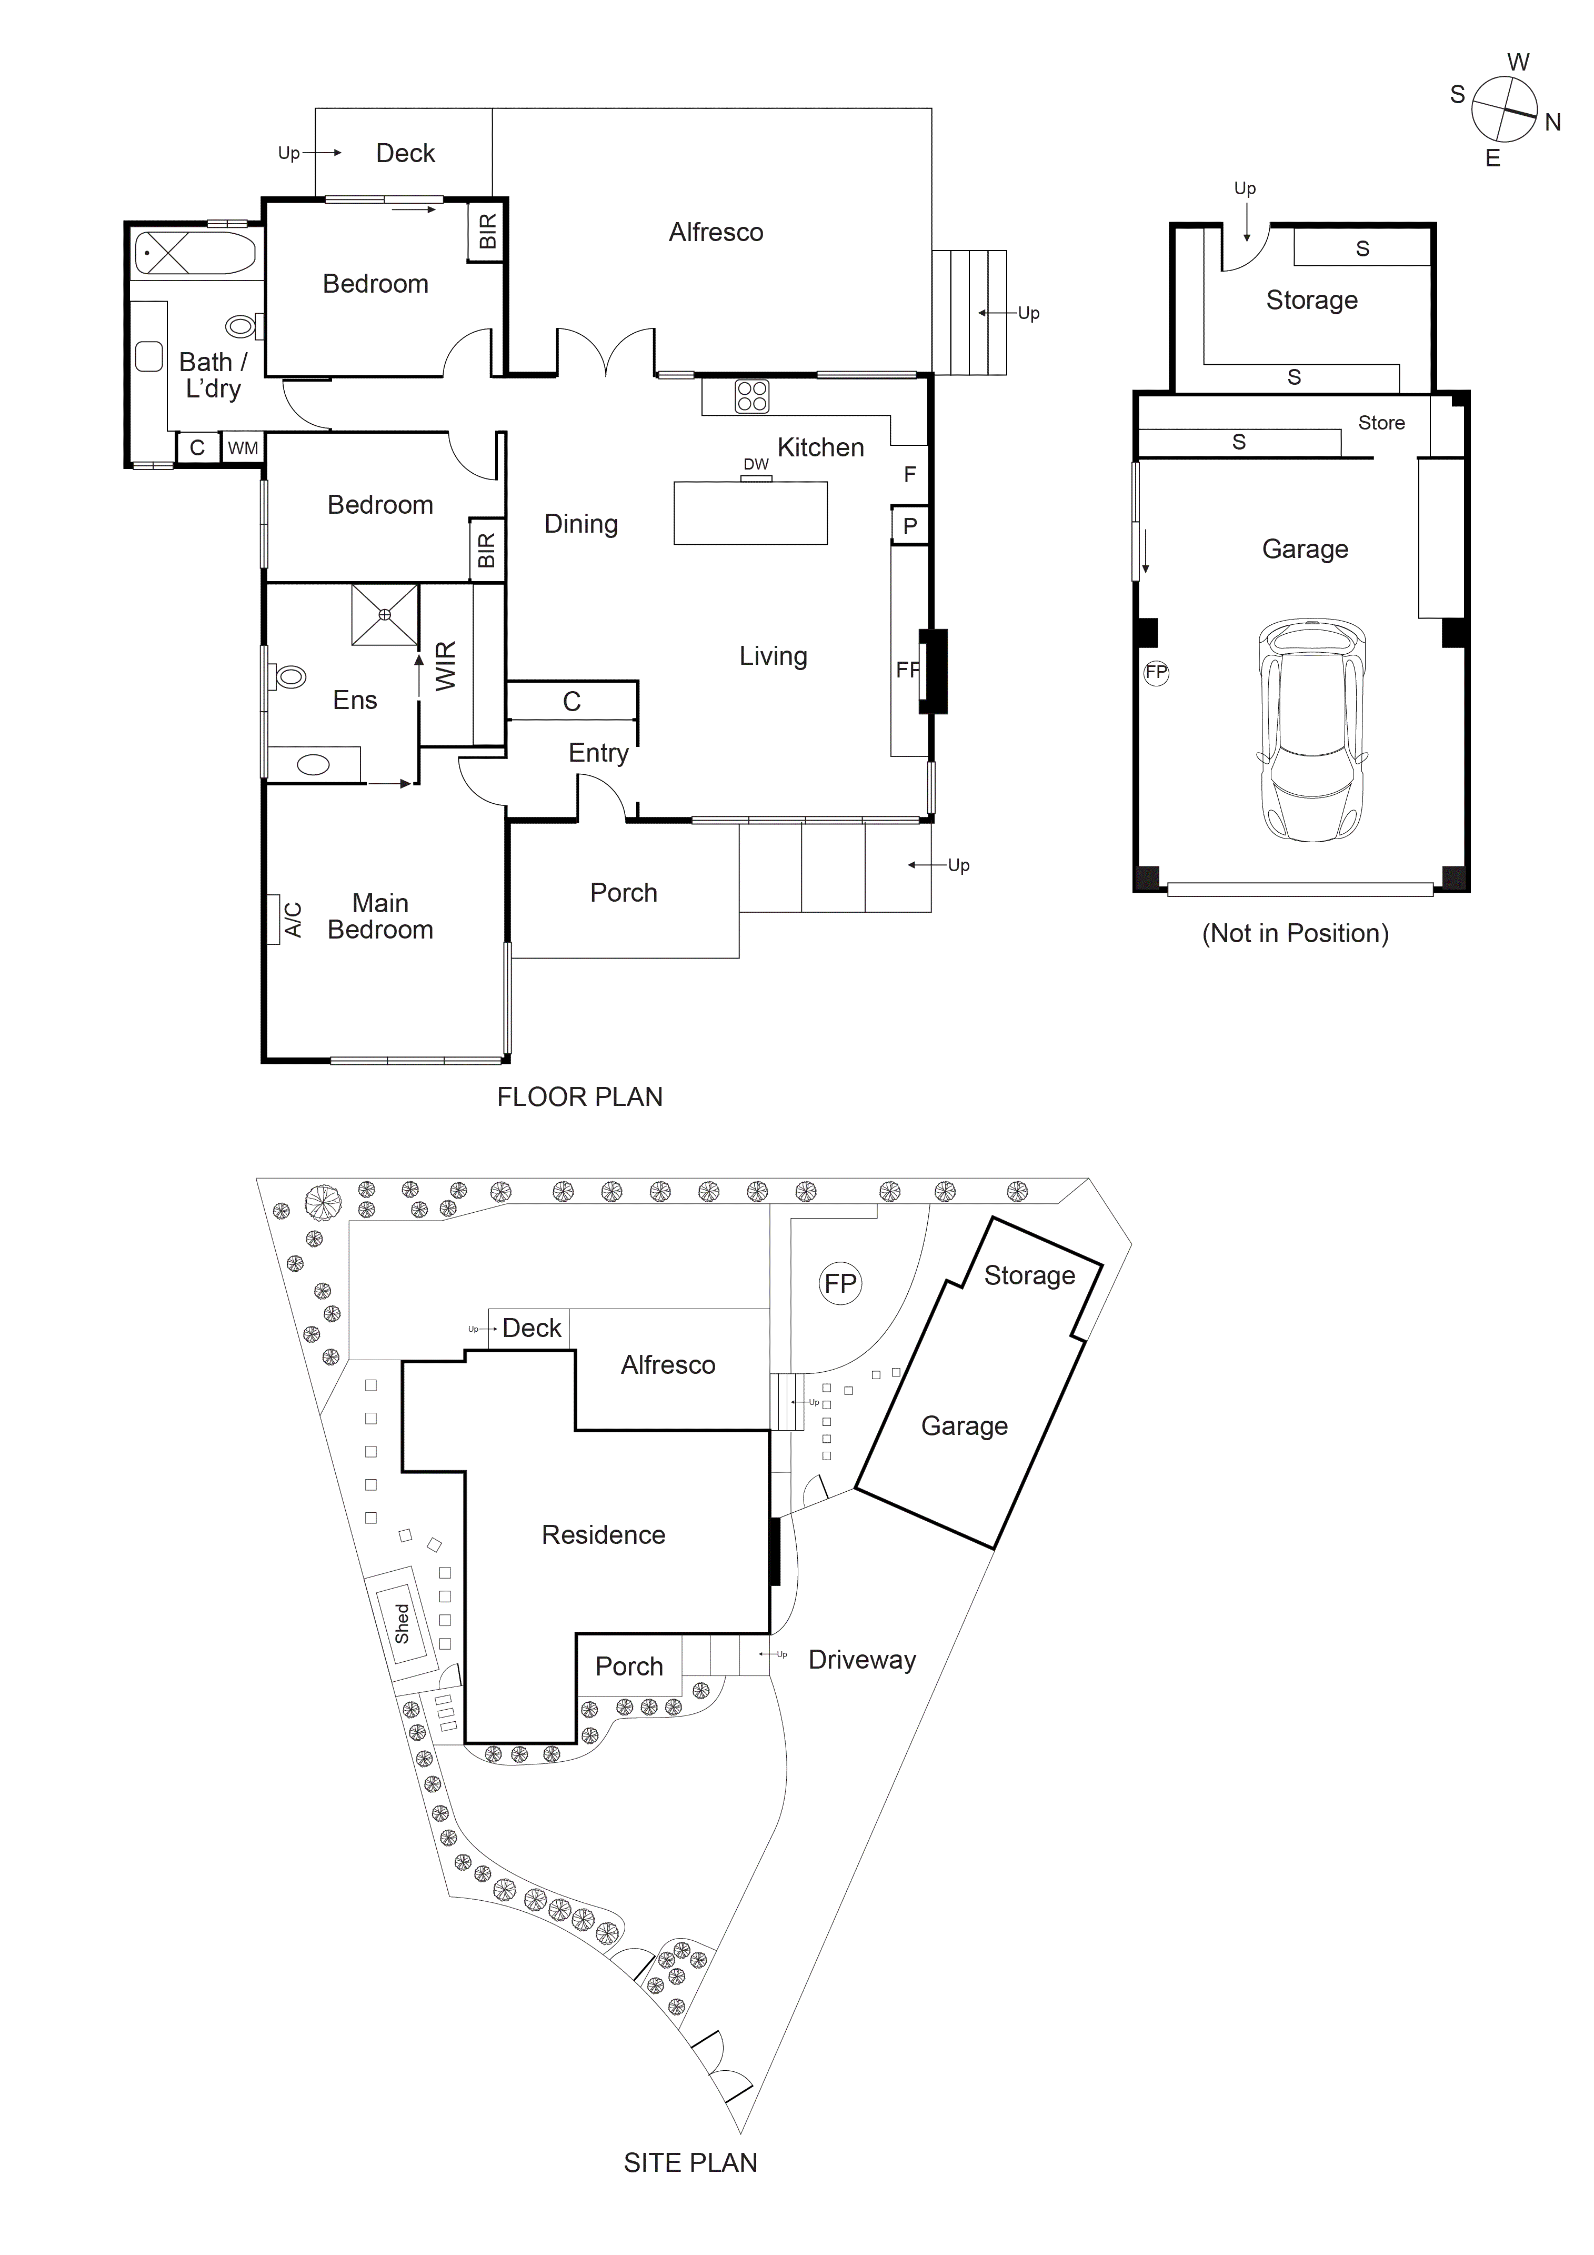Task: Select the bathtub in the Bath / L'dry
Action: pyautogui.click(x=195, y=253)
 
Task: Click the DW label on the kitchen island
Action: pyautogui.click(x=755, y=465)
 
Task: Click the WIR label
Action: pyautogui.click(x=446, y=666)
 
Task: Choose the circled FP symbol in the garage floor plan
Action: pyautogui.click(x=1156, y=673)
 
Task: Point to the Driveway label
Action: pyautogui.click(x=861, y=1660)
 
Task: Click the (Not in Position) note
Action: pyautogui.click(x=1295, y=933)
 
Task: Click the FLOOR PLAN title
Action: pyautogui.click(x=579, y=1097)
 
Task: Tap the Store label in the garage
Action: pyautogui.click(x=1381, y=423)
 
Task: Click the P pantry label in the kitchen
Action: pyautogui.click(x=909, y=525)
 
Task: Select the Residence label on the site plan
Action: pyautogui.click(x=603, y=1535)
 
